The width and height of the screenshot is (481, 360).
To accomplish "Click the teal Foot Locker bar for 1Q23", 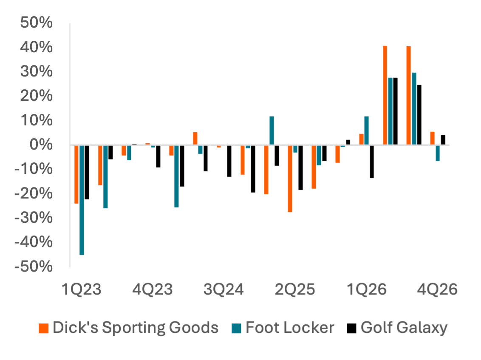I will pos(82,200).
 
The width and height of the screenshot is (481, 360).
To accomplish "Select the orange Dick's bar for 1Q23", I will pos(76,174).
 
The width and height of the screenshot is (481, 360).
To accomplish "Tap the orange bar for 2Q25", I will pos(290,179).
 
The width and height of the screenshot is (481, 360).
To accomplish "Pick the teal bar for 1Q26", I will pos(367,130).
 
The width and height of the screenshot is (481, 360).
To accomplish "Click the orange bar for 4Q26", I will pos(433,138).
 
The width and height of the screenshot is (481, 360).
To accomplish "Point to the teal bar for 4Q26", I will pos(438,153).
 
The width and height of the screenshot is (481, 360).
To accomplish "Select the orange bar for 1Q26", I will pos(362,139).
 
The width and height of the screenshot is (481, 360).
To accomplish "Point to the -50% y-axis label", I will pos(34,267).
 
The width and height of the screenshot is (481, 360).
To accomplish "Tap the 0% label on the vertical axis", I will pos(42,145).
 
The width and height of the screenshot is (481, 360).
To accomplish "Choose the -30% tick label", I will pos(34,218).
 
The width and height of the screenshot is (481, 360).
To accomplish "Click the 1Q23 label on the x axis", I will pos(82,290).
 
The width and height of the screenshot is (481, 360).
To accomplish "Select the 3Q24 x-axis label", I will pos(224,290).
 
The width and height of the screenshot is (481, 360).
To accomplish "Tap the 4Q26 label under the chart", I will pos(437,290).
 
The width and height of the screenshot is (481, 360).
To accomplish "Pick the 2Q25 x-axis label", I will pos(295,290).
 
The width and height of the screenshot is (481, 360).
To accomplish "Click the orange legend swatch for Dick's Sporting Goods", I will pos(44,328).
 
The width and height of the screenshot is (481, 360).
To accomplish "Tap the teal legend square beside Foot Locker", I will pos(237,328).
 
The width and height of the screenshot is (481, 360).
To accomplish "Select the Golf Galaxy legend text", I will pos(404,328).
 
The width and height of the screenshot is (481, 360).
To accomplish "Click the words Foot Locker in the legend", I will pos(290,328).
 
